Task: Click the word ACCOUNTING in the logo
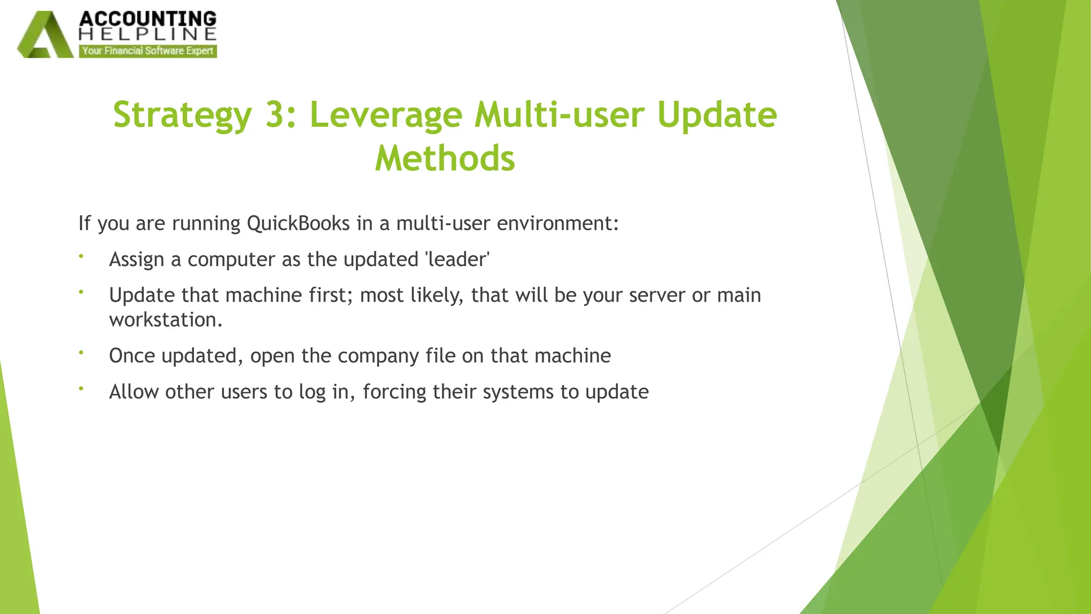[x=148, y=19]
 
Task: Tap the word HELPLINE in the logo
[x=148, y=35]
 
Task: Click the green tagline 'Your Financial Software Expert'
[x=148, y=51]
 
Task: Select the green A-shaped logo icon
[x=45, y=36]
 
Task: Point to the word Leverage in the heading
[x=386, y=115]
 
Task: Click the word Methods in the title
[x=445, y=158]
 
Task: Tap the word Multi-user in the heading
[x=559, y=115]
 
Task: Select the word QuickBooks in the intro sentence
[x=298, y=223]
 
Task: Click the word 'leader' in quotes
[x=457, y=260]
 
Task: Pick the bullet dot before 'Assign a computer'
[x=82, y=256]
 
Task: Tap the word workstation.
[x=165, y=320]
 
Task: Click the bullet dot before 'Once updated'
[x=82, y=352]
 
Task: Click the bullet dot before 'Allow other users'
[x=82, y=389]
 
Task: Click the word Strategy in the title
[x=182, y=115]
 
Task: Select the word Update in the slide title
[x=717, y=115]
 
